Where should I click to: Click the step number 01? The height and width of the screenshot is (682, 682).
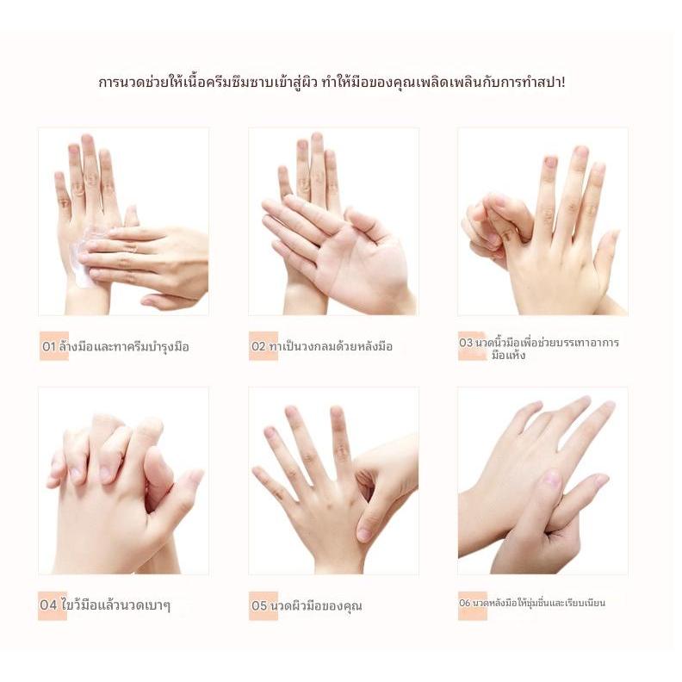[x=49, y=347]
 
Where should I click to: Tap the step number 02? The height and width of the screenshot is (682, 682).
[x=258, y=346]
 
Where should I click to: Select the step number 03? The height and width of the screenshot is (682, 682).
[x=466, y=343]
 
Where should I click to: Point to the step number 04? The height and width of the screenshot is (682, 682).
[x=48, y=605]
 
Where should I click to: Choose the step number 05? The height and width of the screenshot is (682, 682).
[x=259, y=605]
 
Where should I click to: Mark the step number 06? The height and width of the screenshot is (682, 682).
[x=464, y=603]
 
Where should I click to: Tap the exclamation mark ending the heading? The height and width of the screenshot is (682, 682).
[x=563, y=81]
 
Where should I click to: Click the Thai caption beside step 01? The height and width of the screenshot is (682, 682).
[x=124, y=347]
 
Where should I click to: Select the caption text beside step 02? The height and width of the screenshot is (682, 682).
[x=331, y=346]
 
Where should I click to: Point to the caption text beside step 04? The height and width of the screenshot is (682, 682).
[x=115, y=604]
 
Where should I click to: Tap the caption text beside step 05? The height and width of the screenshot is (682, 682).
[x=316, y=605]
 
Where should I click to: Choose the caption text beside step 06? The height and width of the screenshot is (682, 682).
[x=538, y=603]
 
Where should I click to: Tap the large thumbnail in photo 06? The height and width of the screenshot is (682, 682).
[x=551, y=479]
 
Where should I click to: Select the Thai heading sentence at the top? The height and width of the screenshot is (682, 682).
[x=332, y=82]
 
